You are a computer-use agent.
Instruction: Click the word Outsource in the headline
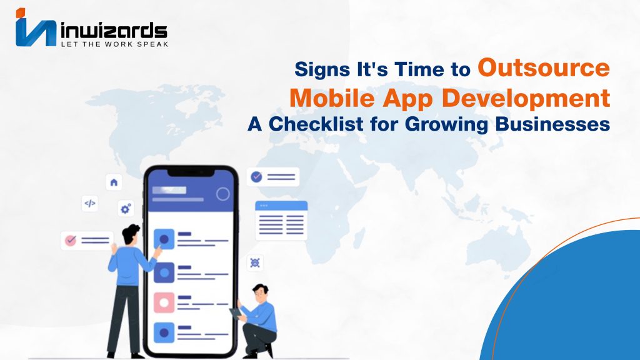(544, 67)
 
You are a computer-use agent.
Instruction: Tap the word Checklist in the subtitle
(316, 124)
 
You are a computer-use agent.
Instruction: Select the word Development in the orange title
(526, 98)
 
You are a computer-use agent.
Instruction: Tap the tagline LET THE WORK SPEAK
(114, 44)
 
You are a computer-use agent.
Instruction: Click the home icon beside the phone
(114, 182)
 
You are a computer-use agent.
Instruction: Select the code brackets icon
(90, 203)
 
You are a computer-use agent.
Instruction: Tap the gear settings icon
(126, 209)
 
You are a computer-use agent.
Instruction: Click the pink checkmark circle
(71, 240)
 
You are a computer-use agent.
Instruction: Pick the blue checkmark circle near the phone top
(256, 177)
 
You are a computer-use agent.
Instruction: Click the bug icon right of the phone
(255, 262)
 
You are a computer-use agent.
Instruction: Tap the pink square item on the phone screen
(164, 302)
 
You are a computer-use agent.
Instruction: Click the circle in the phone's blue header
(223, 194)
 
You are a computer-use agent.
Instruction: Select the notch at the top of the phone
(191, 173)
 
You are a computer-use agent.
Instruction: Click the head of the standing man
(131, 234)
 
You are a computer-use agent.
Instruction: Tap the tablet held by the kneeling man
(236, 313)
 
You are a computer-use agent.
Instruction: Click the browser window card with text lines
(281, 221)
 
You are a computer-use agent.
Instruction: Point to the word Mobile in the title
(332, 98)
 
